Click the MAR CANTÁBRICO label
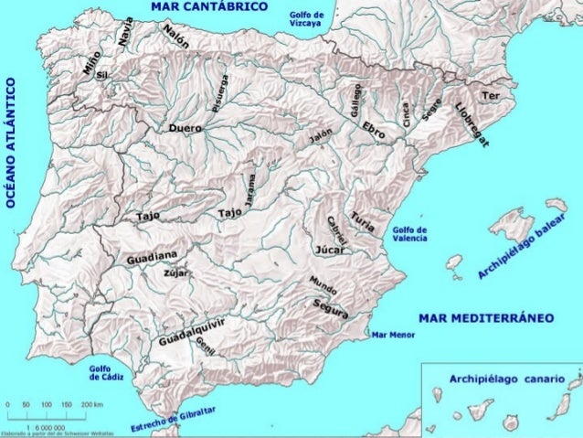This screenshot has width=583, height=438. pyautogui.click(x=209, y=6)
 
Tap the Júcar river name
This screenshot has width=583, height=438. pyautogui.click(x=328, y=248)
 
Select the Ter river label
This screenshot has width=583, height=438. pyautogui.click(x=491, y=96)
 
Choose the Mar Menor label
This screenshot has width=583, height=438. pyautogui.click(x=395, y=335)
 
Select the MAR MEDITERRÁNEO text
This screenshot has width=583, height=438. pyautogui.click(x=485, y=319)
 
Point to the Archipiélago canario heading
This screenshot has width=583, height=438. pyautogui.click(x=506, y=378)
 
